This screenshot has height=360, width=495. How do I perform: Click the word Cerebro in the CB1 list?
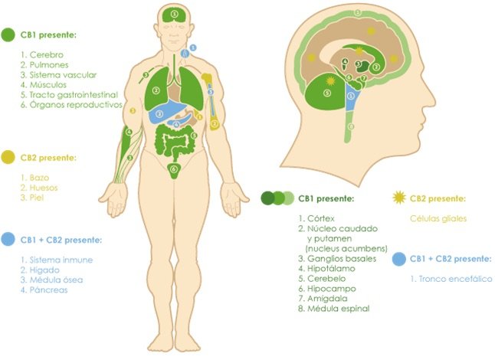point(47,55)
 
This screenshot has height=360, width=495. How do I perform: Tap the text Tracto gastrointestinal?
point(74,95)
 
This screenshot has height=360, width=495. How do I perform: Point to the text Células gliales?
point(438,218)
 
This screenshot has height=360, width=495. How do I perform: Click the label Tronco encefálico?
point(455,279)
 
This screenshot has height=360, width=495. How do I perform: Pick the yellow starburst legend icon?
point(399,198)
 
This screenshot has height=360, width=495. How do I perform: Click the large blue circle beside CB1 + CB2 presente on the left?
point(8,239)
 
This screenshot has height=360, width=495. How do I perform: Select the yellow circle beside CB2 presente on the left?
point(8,157)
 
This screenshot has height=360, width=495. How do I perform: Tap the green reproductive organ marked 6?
point(173,170)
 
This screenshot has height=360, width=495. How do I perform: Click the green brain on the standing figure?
point(175,15)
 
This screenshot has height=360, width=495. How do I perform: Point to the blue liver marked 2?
point(162,113)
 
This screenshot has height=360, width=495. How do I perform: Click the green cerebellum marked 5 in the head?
point(325,92)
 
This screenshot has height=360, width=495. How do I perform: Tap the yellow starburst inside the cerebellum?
point(330,80)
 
